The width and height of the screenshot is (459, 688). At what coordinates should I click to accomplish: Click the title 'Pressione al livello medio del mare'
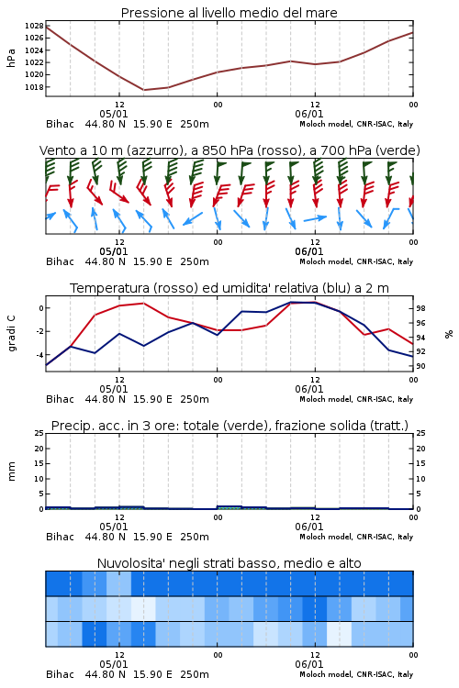click(x=229, y=13)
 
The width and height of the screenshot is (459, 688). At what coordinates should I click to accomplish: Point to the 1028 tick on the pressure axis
click(x=34, y=26)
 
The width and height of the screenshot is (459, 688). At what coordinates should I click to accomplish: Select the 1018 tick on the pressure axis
click(x=34, y=87)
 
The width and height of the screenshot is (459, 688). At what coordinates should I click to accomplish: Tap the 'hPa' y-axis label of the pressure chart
click(x=11, y=58)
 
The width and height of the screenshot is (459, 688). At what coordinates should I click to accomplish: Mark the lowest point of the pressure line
click(x=143, y=90)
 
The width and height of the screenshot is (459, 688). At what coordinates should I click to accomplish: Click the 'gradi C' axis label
click(x=12, y=334)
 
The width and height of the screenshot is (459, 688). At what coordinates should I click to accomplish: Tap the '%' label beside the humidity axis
click(x=449, y=334)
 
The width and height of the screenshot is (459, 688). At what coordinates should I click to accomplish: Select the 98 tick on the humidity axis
click(x=420, y=308)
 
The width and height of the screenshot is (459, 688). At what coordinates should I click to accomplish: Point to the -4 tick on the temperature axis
click(x=39, y=354)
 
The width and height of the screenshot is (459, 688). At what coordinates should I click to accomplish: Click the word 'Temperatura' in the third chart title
click(x=110, y=288)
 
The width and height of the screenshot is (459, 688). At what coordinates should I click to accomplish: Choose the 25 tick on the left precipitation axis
click(x=39, y=433)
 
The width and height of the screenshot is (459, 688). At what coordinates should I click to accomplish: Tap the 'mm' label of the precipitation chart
click(x=11, y=472)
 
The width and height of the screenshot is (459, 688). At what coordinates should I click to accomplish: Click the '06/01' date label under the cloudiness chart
click(x=309, y=664)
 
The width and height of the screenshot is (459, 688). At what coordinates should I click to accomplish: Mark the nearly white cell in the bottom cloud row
click(x=339, y=634)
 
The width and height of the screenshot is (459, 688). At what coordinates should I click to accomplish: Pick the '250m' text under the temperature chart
click(x=195, y=399)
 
